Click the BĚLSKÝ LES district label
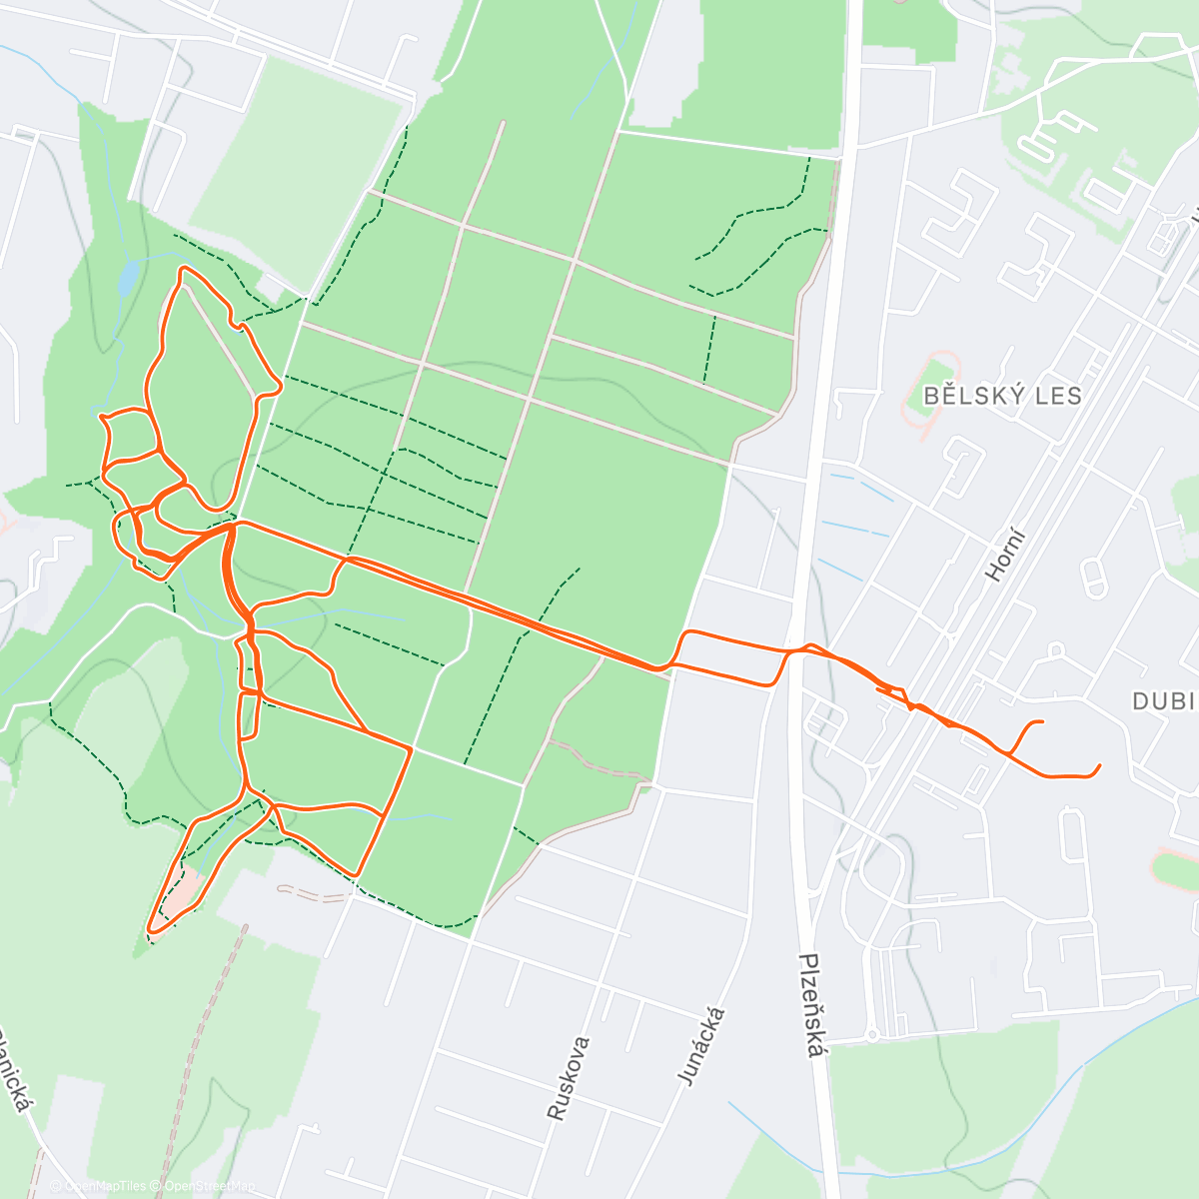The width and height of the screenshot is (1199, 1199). click(x=1002, y=396)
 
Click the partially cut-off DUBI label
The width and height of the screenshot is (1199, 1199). click(x=1164, y=701)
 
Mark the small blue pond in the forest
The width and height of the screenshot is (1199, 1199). click(x=128, y=278)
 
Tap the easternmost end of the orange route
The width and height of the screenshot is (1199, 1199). click(x=1099, y=766)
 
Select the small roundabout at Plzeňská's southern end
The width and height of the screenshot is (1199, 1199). click(x=871, y=1035)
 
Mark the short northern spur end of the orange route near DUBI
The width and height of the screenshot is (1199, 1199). click(x=1042, y=721)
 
